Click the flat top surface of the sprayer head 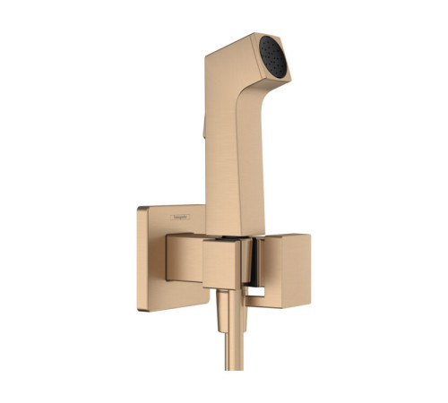[237, 42]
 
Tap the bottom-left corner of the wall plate [141, 309]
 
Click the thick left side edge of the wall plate [141, 260]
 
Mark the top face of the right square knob [282, 237]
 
